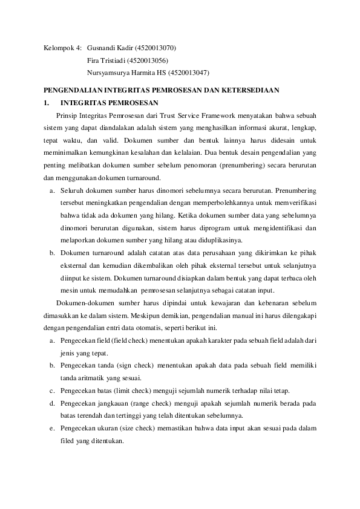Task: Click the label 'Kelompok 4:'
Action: click(64, 48)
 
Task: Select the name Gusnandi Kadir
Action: click(113, 48)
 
